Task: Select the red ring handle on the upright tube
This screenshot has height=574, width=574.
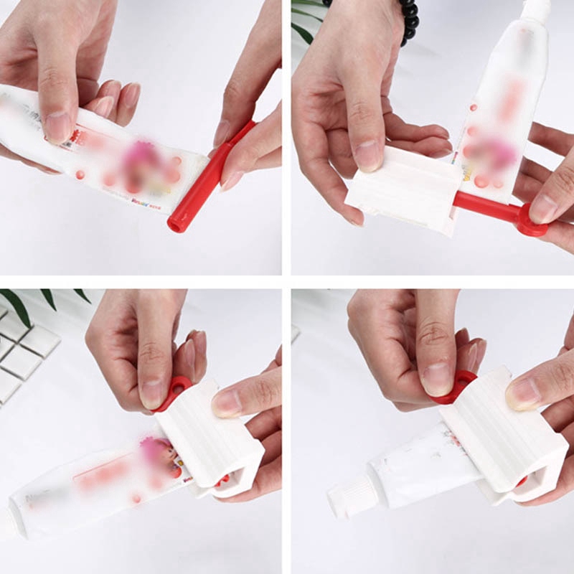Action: tap(532, 221)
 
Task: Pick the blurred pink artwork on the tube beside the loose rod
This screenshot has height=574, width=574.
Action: tap(143, 161)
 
